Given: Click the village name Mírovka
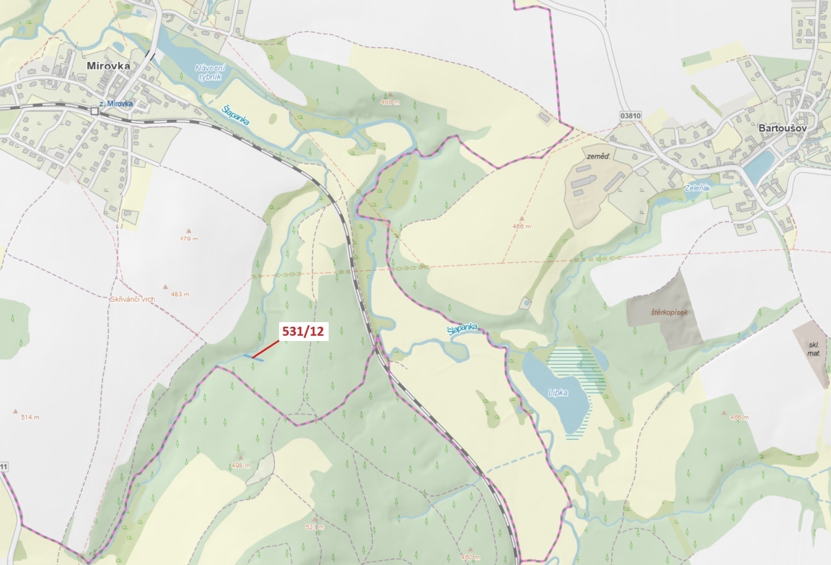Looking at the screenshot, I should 108,66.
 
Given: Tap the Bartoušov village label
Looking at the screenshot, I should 783,128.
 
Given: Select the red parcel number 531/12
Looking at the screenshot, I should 303,331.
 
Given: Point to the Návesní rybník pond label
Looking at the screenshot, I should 210,72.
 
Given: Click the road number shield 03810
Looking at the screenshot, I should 631,116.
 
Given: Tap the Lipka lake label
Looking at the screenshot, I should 558,392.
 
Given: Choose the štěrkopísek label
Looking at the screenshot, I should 669,312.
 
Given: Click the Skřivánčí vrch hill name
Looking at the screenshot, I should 132,299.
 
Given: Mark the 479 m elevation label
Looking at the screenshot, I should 189,238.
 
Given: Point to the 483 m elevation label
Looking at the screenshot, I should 180,294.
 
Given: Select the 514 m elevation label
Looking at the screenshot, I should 30,417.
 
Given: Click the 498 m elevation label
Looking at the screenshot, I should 241,466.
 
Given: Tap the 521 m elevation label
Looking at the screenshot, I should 315,527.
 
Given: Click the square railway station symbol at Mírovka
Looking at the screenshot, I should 94,111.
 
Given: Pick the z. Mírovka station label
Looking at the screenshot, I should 116,104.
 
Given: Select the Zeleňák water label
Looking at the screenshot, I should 697,187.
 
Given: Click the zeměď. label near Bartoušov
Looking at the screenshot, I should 598,156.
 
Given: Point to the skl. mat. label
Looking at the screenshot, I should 813,349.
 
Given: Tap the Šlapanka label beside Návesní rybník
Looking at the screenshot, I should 235,115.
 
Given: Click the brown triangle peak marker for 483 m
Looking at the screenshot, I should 165,287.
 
